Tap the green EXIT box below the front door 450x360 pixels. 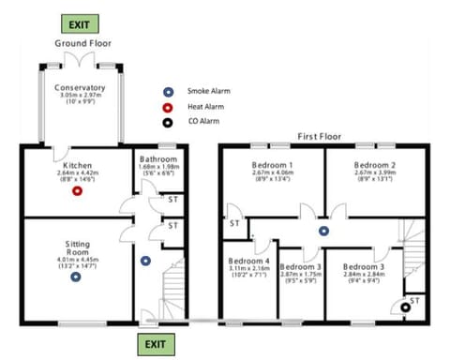click(153, 345)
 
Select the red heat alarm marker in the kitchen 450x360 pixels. click(78, 191)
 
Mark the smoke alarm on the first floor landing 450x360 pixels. click(323, 230)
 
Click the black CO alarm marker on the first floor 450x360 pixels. click(405, 306)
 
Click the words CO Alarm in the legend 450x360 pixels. click(203, 122)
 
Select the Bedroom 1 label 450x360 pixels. click(274, 163)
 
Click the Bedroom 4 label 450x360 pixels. click(248, 260)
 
